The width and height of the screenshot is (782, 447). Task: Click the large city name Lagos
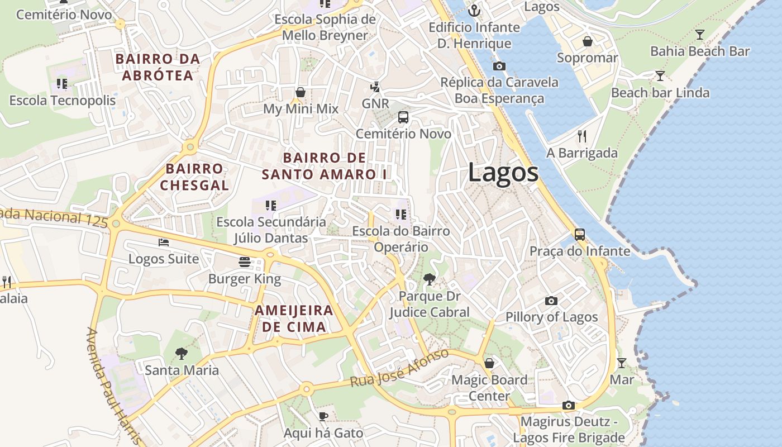503,172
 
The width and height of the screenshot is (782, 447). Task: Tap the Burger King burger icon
244,262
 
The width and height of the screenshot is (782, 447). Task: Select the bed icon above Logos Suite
163,242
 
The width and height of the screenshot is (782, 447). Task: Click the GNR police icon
375,87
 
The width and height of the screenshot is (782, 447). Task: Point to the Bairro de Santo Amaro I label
325,166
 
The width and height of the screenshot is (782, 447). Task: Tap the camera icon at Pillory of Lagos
551,301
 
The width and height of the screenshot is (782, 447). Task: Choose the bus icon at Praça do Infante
580,235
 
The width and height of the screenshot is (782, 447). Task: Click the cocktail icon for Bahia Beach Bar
699,35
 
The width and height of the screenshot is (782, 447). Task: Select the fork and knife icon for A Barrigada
582,136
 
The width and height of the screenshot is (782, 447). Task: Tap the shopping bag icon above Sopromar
588,41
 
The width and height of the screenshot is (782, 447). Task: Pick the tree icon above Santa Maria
181,353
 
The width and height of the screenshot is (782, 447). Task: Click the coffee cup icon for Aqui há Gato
323,416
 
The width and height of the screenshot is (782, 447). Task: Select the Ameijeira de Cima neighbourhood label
294,318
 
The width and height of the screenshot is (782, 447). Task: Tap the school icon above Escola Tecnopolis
62,84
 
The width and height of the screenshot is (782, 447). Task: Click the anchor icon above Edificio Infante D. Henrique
474,10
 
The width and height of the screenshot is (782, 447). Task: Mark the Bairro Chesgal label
194,177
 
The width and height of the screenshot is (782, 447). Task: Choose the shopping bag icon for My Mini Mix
301,92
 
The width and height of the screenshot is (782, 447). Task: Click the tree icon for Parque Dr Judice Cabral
429,279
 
